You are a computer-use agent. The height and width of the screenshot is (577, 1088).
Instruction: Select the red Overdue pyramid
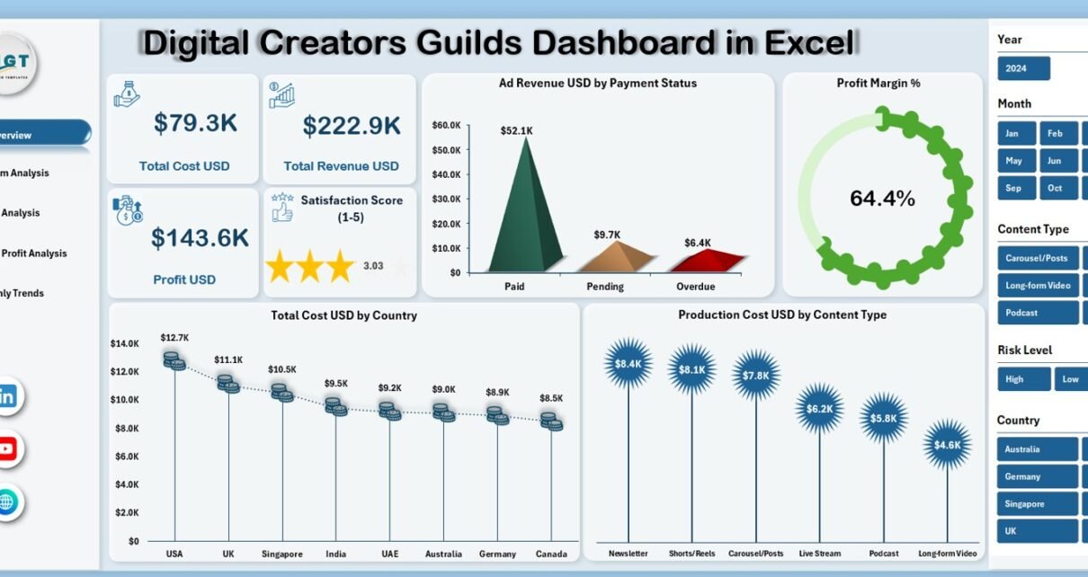[713, 261]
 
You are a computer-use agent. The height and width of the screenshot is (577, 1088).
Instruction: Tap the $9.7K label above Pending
[607, 235]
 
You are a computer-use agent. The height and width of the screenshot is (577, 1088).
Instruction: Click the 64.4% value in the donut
[882, 199]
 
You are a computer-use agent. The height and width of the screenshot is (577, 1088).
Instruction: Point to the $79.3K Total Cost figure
[195, 124]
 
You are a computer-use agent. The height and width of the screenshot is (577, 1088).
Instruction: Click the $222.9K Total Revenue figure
[352, 126]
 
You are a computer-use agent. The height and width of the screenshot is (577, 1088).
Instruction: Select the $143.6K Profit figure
[200, 238]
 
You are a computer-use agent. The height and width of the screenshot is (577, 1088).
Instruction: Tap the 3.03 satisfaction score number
[372, 266]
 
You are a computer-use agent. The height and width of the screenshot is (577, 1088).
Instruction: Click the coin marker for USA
[174, 360]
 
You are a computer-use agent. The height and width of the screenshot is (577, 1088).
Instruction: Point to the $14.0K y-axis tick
[124, 343]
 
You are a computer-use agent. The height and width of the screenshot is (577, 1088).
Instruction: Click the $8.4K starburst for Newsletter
[628, 364]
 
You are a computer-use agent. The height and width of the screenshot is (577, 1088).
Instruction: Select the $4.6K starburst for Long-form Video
[947, 444]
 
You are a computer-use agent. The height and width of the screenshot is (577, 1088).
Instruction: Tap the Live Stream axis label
[819, 555]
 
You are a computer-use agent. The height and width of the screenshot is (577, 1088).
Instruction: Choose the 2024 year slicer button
[1023, 68]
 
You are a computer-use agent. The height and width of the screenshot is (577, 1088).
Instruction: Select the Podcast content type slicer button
[1037, 313]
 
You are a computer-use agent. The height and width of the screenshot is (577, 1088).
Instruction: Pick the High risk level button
[1023, 379]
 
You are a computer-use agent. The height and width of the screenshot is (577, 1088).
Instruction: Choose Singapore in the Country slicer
[1037, 504]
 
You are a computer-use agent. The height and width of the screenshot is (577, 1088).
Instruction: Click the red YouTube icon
[7, 449]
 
